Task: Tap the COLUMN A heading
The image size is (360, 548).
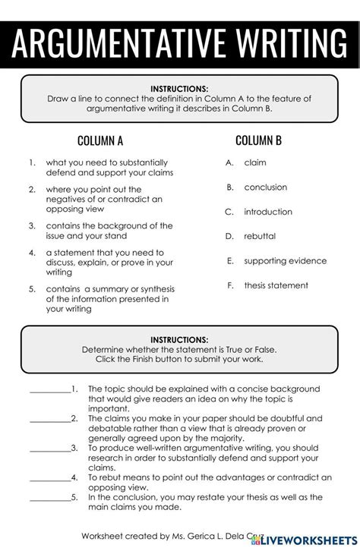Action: pos(100,140)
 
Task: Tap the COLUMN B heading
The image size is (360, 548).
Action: pos(258,140)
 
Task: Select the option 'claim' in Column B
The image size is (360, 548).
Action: pos(255,162)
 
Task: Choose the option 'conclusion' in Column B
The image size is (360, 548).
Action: pos(266,187)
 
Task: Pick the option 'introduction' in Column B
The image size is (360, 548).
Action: pos(268,212)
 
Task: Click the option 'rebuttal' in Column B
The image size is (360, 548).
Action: pos(260,236)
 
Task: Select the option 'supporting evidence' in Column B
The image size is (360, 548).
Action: pos(286,260)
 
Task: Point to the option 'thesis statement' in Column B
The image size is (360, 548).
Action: pos(276,285)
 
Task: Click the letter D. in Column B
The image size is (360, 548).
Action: pos(229,236)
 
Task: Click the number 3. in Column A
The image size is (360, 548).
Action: pos(32,225)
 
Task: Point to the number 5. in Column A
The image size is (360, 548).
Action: pos(32,288)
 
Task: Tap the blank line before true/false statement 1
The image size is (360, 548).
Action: pos(50,392)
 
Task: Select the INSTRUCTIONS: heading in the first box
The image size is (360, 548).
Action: pos(179,88)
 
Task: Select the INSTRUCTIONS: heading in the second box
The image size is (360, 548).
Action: pos(179,339)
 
